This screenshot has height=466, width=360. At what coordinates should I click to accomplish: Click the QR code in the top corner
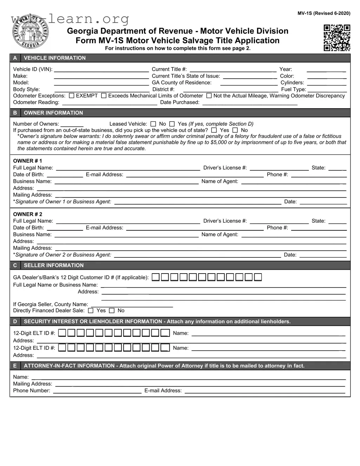pyautogui.click(x=337, y=38)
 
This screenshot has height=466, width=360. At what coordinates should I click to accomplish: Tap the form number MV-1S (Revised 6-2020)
pyautogui.click(x=324, y=13)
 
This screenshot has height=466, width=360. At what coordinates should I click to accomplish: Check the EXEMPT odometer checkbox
pyautogui.click(x=72, y=96)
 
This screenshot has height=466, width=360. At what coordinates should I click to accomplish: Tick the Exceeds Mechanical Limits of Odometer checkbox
pyautogui.click(x=104, y=96)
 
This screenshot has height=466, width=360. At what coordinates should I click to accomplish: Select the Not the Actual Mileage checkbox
pyautogui.click(x=209, y=96)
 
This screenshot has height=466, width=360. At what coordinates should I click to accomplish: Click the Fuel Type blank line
pyautogui.click(x=327, y=89)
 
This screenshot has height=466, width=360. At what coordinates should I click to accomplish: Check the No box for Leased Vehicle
pyautogui.click(x=153, y=124)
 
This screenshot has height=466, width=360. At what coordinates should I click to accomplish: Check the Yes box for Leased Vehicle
pyautogui.click(x=172, y=124)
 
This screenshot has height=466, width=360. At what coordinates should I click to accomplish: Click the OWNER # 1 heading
pyautogui.click(x=27, y=161)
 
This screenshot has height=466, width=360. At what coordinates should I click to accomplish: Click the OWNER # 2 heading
pyautogui.click(x=27, y=214)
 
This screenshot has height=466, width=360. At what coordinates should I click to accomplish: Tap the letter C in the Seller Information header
pyautogui.click(x=15, y=265)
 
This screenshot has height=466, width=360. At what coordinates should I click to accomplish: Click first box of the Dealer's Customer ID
pyautogui.click(x=156, y=277)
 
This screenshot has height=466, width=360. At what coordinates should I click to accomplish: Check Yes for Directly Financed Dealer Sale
pyautogui.click(x=91, y=310)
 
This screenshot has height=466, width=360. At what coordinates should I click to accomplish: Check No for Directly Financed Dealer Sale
pyautogui.click(x=112, y=310)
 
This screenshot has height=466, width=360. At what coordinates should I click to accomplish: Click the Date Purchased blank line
pyautogui.click(x=250, y=103)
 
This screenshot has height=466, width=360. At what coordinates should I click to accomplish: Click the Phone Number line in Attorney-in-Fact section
pyautogui.click(x=97, y=390)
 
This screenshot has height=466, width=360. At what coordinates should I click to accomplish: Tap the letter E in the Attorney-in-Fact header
pyautogui.click(x=15, y=366)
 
